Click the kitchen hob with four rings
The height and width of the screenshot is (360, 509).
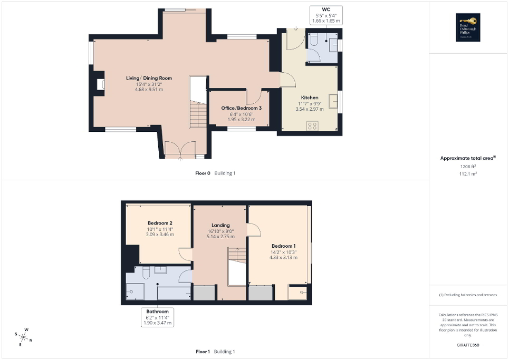point(312,125)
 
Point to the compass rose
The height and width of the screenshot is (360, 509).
point(24,335)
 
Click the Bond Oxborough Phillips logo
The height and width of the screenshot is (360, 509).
point(467,27)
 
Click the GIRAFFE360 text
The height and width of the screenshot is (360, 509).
point(469,345)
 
